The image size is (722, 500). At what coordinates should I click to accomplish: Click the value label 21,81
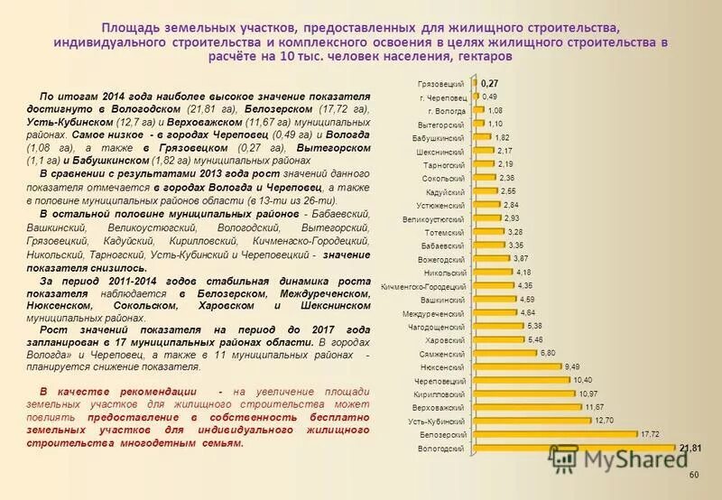[690, 448]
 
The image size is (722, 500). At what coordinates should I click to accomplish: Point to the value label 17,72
[650, 434]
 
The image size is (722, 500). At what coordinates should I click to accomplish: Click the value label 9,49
[572, 366]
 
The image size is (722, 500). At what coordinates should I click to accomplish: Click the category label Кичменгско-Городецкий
[423, 286]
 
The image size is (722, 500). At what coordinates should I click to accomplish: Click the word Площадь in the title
[126, 29]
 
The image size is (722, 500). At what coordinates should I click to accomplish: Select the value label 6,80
[547, 353]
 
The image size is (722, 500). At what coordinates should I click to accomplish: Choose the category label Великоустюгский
[435, 218]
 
